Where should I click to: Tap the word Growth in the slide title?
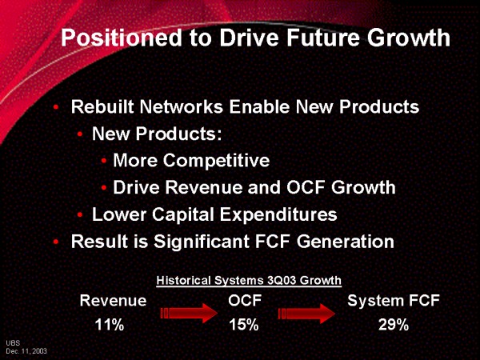(x=409, y=38)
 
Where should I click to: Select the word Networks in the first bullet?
(x=182, y=107)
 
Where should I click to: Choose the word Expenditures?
(x=278, y=214)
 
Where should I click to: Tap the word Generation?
(x=346, y=242)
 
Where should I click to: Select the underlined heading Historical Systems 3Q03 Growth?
(x=249, y=281)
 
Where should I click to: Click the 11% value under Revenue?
(x=110, y=325)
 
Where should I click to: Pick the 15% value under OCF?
(x=244, y=325)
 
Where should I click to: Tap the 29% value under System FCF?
(x=394, y=325)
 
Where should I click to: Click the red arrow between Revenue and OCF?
(x=189, y=313)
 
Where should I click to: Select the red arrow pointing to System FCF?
(x=306, y=313)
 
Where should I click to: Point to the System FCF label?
(x=394, y=301)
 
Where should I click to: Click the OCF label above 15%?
(x=245, y=301)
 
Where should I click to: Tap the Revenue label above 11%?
(x=113, y=301)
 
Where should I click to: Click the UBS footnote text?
(x=13, y=343)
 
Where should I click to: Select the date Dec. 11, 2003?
(x=26, y=351)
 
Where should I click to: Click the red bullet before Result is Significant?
(x=55, y=242)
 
